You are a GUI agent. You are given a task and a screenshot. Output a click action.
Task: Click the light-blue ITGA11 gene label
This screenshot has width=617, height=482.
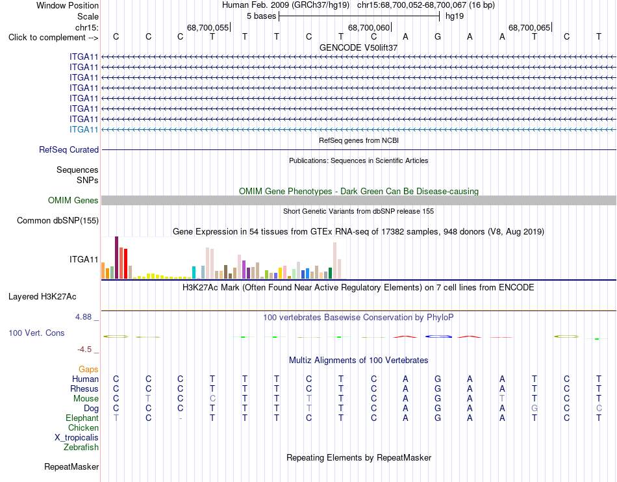[84, 129]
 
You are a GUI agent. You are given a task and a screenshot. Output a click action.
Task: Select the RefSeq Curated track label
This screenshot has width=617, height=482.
[69, 149]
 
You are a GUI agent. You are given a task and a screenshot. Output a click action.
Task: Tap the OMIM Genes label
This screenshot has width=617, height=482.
[73, 200]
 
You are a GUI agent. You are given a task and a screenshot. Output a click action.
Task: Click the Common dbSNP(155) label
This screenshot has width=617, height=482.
[58, 220]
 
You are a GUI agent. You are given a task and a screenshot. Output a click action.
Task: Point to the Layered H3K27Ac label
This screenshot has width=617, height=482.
[42, 297]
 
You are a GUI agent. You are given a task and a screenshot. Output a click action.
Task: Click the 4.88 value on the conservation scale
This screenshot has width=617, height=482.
[83, 317]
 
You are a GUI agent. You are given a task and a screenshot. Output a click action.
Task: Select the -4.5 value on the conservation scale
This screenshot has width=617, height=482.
[84, 349]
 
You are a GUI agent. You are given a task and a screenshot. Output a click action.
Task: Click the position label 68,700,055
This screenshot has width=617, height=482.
[208, 27]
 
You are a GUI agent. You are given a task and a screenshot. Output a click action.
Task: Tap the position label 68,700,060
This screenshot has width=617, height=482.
[369, 27]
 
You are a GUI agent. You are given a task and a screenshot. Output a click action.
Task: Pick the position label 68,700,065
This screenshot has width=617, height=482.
[529, 27]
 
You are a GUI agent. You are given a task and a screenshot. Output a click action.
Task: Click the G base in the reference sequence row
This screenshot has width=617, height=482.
[438, 36]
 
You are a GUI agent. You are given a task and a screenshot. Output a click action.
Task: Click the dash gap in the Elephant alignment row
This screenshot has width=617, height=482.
[180, 418]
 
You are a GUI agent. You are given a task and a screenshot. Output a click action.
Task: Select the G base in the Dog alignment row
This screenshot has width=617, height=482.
[535, 409]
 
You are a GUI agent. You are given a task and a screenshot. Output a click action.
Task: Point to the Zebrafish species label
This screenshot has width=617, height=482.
[81, 448]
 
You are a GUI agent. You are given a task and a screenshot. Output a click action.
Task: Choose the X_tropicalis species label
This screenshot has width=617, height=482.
[77, 438]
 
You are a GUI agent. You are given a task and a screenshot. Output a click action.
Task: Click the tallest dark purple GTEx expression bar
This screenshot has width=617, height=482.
[116, 258]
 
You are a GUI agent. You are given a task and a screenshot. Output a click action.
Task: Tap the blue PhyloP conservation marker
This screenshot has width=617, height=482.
[438, 336]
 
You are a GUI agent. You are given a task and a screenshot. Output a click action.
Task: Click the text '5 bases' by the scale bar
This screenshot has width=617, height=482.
[261, 16]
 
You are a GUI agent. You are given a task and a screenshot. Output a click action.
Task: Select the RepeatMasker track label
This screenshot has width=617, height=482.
[71, 466]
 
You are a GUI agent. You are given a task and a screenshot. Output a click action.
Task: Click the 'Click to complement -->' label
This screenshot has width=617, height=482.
[53, 38]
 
